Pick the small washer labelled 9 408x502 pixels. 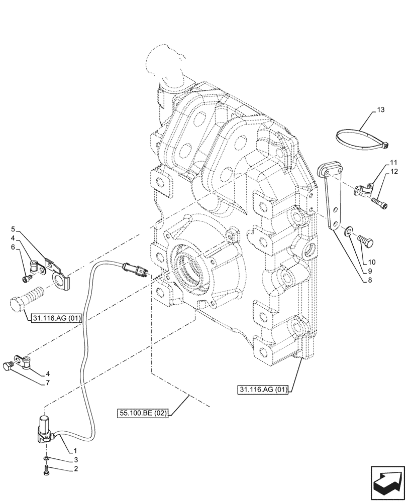[x=348, y=231]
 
